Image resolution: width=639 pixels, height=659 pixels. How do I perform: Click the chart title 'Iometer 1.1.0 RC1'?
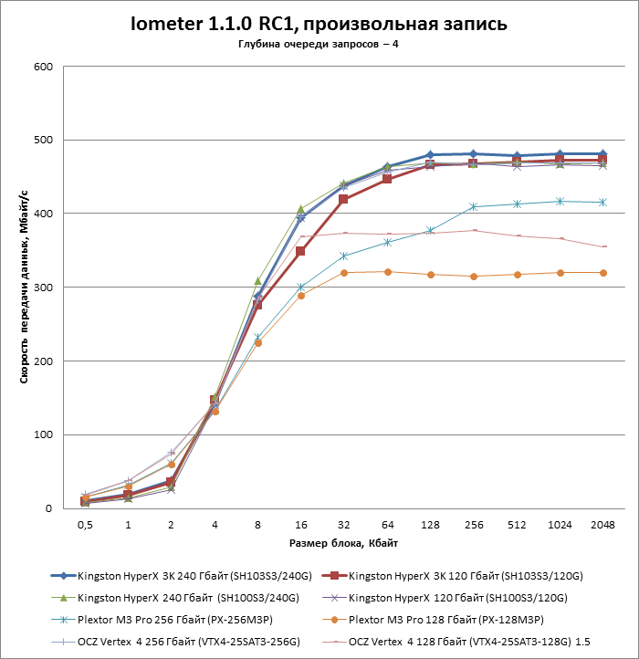(x=319, y=23)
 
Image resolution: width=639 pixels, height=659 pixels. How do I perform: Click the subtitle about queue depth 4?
(x=319, y=45)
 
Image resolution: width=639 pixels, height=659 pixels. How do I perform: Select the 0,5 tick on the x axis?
(x=85, y=526)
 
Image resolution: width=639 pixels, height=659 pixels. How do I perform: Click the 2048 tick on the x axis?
(x=602, y=526)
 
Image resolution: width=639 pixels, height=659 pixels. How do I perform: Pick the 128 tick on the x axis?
(x=429, y=526)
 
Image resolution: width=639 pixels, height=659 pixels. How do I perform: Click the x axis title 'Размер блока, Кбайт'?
(x=343, y=543)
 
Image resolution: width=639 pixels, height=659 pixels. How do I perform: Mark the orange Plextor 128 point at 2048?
(x=602, y=273)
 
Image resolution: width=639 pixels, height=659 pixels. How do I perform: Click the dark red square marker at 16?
(x=300, y=251)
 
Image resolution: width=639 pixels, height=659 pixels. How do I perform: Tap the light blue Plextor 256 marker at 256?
(x=473, y=206)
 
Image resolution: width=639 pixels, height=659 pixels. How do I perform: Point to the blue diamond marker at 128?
(x=429, y=155)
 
